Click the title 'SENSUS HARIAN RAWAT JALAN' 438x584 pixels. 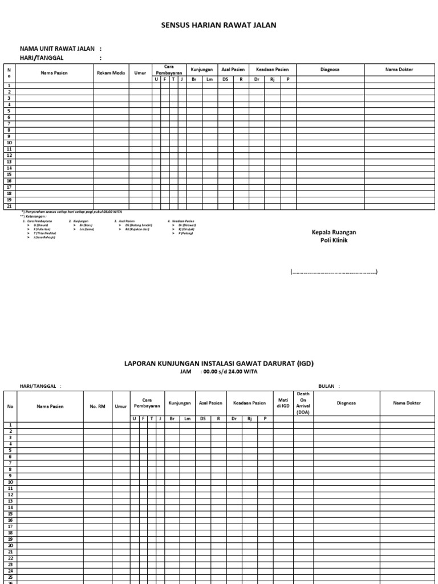pos(220,26)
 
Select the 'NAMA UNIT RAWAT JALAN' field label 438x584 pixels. pos(57,49)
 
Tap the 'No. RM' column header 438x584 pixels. pos(98,406)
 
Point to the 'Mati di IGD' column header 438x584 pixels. pos(283,403)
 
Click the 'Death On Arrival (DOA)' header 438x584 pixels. pos(303,403)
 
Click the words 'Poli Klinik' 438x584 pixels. pos(334,241)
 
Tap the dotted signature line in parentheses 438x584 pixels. pos(334,273)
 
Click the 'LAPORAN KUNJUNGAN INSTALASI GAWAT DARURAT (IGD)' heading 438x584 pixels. pos(219,363)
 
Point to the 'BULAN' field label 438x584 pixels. pos(326,386)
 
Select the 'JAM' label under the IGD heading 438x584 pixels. pos(185,371)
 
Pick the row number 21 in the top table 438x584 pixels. pos(9,206)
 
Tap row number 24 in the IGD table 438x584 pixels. pos(10,570)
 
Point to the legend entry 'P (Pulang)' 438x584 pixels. pos(185,233)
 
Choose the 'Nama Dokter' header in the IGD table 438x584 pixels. pos(407,403)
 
